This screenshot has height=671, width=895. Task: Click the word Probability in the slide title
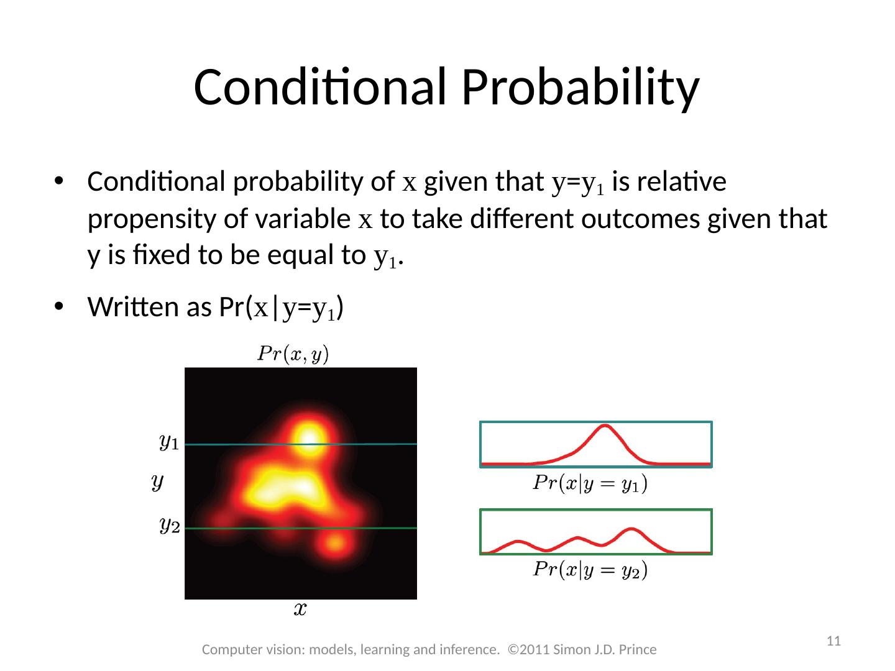[581, 89]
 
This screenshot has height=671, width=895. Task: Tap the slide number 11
[833, 641]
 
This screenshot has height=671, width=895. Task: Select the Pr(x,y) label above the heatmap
[293, 354]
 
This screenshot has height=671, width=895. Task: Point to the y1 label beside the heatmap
[169, 442]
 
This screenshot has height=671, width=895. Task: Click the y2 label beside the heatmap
[170, 526]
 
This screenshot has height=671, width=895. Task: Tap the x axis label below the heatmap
[300, 609]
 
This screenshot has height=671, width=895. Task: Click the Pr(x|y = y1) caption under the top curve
[590, 483]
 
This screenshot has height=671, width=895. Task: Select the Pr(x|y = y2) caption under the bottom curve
[590, 570]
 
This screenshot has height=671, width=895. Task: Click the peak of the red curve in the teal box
[605, 426]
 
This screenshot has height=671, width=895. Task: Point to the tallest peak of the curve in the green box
[631, 529]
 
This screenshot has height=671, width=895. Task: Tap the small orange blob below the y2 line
[335, 543]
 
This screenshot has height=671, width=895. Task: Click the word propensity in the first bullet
[152, 219]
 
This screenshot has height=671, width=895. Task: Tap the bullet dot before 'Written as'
[59, 306]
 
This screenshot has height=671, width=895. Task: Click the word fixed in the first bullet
[162, 255]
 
